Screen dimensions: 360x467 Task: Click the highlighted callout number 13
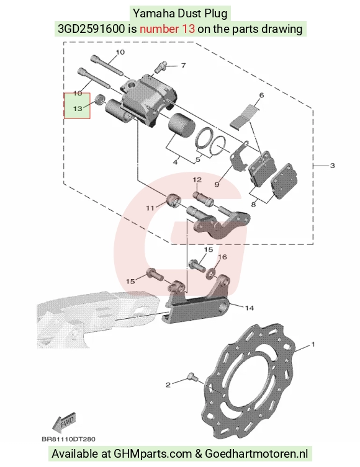click(77, 109)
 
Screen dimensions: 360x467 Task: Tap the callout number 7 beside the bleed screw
click(183, 65)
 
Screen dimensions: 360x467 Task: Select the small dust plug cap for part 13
click(99, 99)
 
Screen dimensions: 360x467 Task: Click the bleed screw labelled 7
click(161, 67)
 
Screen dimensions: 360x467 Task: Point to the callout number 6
click(261, 96)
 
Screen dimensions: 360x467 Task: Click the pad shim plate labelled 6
click(244, 117)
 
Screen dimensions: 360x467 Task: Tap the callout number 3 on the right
click(333, 166)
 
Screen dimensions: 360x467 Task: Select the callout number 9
click(217, 184)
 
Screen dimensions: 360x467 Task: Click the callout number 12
click(197, 180)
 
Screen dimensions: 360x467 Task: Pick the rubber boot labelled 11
click(173, 200)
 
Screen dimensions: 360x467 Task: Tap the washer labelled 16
click(211, 272)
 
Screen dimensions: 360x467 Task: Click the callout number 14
click(249, 308)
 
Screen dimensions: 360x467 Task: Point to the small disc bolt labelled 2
click(192, 377)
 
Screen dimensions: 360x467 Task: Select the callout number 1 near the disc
click(313, 344)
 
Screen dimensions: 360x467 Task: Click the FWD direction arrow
click(64, 422)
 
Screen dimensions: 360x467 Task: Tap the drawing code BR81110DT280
click(68, 439)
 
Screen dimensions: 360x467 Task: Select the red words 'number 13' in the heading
click(168, 29)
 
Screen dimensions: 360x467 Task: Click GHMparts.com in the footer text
click(153, 454)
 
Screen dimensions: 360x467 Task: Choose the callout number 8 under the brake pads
click(253, 204)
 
